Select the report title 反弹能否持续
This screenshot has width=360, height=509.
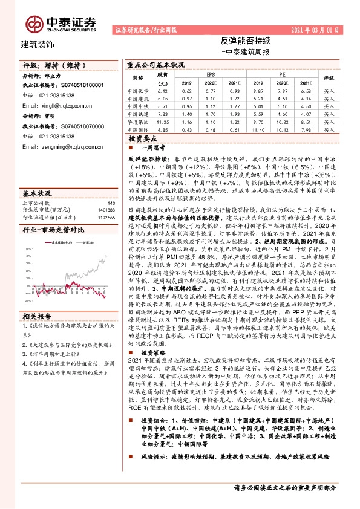(x=237, y=42)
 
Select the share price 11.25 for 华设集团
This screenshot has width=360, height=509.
(x=162, y=121)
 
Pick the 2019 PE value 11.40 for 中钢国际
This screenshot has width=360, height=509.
(x=257, y=129)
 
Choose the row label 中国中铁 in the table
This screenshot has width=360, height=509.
(x=139, y=105)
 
